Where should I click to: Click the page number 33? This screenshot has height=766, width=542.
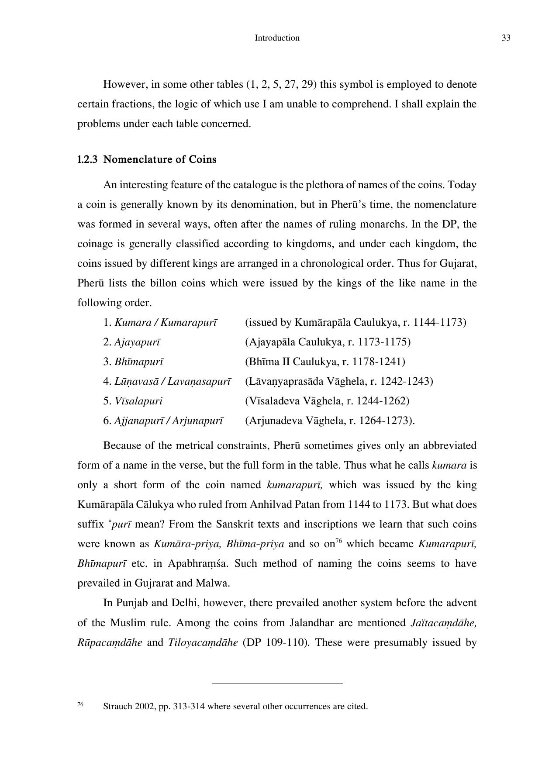tap(506, 38)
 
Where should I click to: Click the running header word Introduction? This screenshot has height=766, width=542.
tap(277, 38)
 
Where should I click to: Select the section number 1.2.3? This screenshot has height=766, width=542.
tap(87, 160)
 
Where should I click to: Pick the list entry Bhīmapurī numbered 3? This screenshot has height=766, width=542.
tap(139, 362)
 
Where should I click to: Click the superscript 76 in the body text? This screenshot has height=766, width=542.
tap(338, 542)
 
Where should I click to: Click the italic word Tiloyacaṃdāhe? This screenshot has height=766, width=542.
tap(203, 642)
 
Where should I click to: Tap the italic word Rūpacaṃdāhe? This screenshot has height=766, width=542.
tap(110, 642)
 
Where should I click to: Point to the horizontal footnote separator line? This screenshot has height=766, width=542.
tap(277, 683)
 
